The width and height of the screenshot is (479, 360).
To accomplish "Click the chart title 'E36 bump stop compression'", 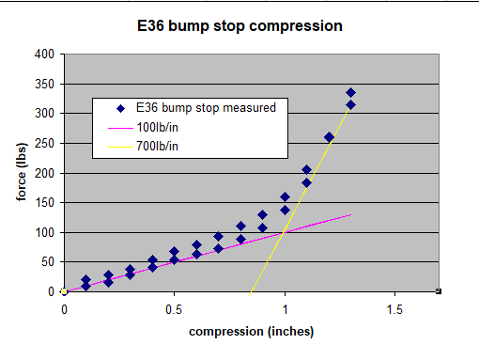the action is tap(239, 25).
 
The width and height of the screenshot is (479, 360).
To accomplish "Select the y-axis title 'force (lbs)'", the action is tap(22, 172).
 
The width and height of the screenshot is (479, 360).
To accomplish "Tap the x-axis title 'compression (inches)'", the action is tap(251, 332).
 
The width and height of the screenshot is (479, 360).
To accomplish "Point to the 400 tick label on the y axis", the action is tap(44, 54).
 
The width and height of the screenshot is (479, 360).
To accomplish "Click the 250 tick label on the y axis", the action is tap(44, 143).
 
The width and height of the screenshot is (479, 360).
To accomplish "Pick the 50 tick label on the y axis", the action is tap(48, 261).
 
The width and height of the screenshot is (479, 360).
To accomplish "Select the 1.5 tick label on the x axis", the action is tap(394, 309).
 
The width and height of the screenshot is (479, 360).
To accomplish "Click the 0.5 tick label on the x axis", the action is tap(174, 309).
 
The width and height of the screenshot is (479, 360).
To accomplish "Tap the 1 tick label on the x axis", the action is tap(285, 309).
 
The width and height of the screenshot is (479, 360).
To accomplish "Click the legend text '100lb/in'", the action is tap(157, 128).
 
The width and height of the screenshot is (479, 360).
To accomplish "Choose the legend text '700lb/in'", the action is tap(157, 146).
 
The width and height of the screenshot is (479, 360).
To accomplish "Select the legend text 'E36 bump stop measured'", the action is tap(206, 108).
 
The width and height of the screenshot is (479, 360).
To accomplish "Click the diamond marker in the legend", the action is tap(120, 108).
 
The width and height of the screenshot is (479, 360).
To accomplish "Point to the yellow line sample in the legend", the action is tap(120, 147).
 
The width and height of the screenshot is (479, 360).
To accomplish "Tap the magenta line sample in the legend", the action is tap(120, 128).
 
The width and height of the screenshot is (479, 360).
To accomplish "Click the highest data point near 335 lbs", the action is tap(350, 93).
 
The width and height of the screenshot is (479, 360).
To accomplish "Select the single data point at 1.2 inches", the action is tap(329, 137).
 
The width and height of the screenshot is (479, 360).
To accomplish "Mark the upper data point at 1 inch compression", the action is tap(285, 197).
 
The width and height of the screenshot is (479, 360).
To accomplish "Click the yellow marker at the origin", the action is tap(64, 291).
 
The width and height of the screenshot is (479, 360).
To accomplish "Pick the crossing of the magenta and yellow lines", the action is tap(283, 232).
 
